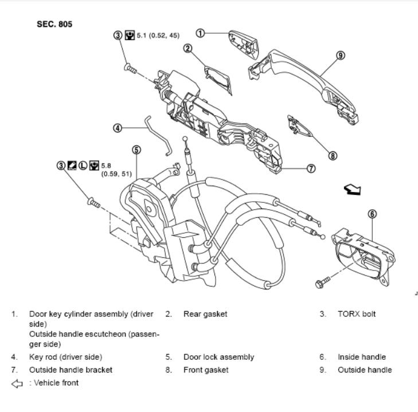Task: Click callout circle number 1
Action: pos(200,33)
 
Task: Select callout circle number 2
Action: pos(187,48)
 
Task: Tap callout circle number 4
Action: pos(118,128)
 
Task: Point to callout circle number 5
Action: pos(136,150)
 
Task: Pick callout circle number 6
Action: pos(372,214)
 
